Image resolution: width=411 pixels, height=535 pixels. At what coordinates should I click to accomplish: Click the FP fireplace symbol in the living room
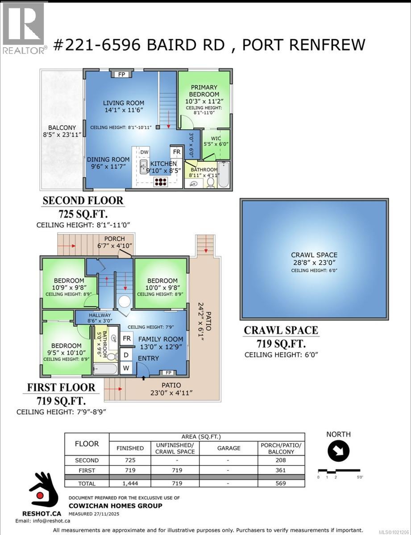pyautogui.click(x=121, y=74)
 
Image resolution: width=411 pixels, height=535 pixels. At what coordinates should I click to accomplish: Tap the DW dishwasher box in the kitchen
pyautogui.click(x=144, y=152)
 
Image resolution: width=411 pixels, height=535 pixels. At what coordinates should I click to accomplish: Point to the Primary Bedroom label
pyautogui.click(x=204, y=91)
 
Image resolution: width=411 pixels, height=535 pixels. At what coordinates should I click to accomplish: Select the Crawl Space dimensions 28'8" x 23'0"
pyautogui.click(x=315, y=263)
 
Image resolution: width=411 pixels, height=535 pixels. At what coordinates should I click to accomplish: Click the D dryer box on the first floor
pyautogui.click(x=127, y=355)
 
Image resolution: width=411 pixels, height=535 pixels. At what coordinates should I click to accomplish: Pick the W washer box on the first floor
pyautogui.click(x=127, y=368)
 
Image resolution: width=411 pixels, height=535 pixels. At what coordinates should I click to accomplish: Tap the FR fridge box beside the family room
pyautogui.click(x=127, y=339)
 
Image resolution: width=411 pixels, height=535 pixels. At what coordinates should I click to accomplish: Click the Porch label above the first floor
pyautogui.click(x=115, y=239)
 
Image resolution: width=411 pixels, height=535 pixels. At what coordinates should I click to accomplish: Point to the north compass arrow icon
pyautogui.click(x=338, y=452)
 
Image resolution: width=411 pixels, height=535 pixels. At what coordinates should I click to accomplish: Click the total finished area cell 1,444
pyautogui.click(x=130, y=483)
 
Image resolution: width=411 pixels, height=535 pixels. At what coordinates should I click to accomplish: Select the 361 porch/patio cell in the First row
pyautogui.click(x=281, y=470)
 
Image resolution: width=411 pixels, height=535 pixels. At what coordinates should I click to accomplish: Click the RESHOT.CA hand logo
pyautogui.click(x=41, y=491)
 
